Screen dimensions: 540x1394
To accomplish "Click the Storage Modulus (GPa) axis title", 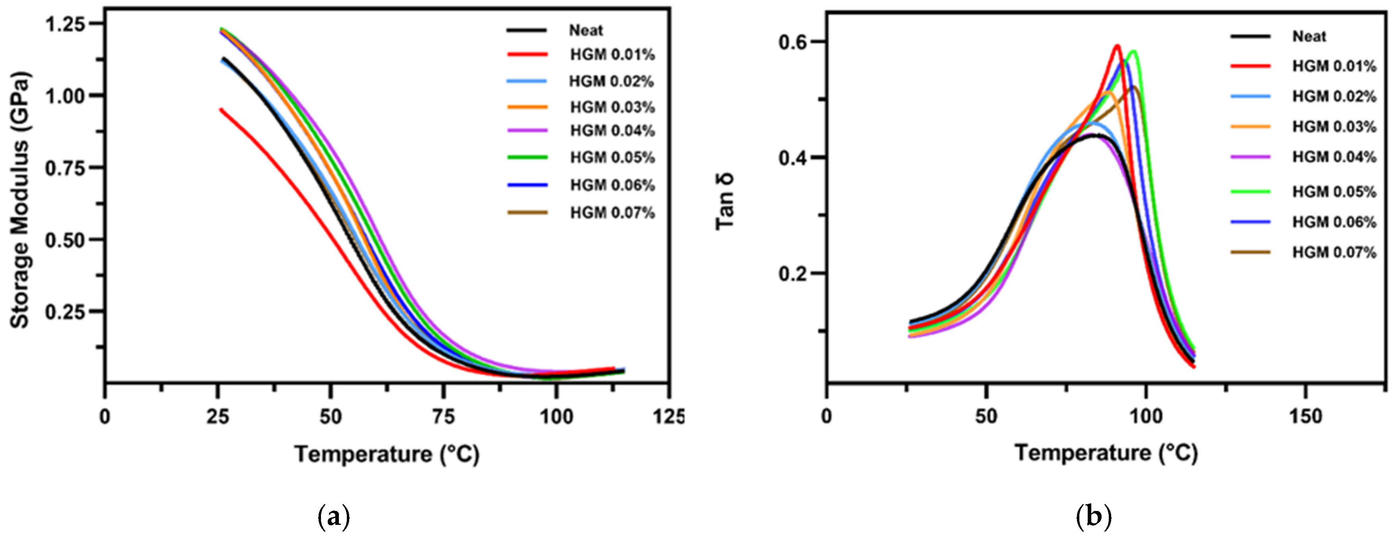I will click(x=19, y=200).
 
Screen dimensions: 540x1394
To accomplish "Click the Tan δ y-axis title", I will click(x=725, y=202).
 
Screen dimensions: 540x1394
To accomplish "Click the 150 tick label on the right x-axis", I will click(x=1306, y=417).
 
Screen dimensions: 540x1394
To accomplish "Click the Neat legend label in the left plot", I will click(x=586, y=30).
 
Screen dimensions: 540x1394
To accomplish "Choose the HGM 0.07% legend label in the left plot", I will click(x=612, y=213).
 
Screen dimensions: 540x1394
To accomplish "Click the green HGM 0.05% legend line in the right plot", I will click(x=1251, y=192).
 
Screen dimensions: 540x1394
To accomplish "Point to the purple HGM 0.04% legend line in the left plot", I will click(x=527, y=130).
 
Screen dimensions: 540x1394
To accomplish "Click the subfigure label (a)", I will click(x=333, y=518).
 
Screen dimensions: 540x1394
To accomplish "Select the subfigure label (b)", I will click(x=1094, y=518).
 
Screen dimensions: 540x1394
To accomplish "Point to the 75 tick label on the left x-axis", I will click(x=443, y=417).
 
